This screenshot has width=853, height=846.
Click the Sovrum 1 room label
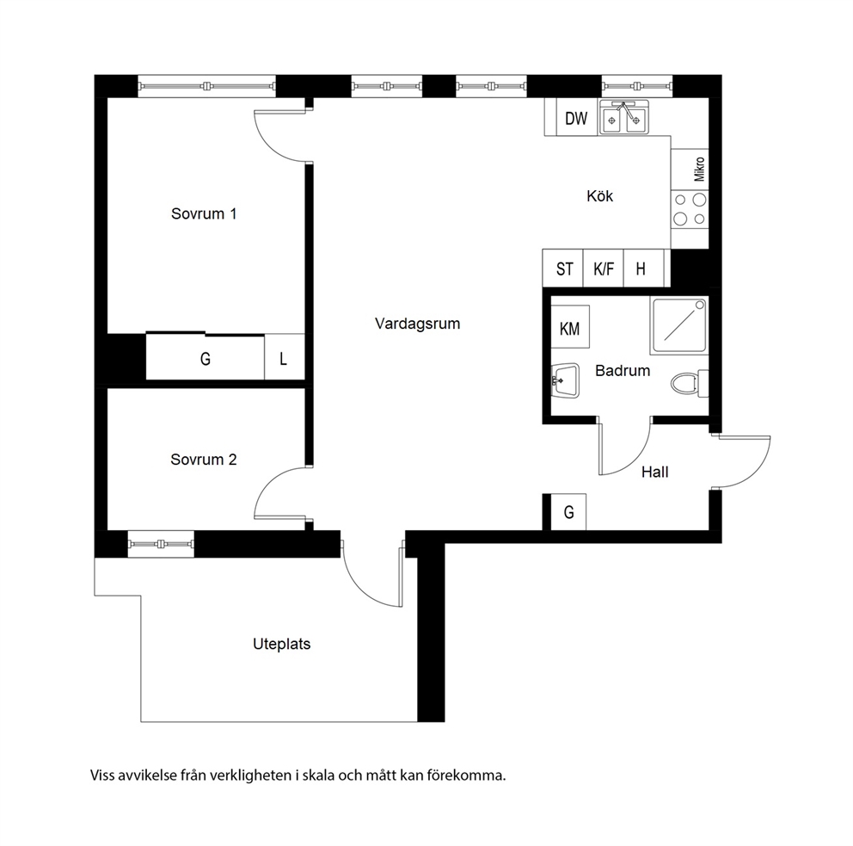coord(204,213)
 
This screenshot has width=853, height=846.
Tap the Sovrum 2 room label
coord(204,460)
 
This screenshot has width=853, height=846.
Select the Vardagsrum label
coord(417,324)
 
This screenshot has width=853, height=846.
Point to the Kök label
coord(599,196)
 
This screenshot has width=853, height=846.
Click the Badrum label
coord(623,371)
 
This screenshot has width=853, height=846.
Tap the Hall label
coord(654,472)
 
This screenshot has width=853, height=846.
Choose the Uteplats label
coord(282,644)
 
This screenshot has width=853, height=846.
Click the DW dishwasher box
coord(577,118)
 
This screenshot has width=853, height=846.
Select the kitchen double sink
coord(624,117)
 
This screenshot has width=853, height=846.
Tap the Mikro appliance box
coord(690,170)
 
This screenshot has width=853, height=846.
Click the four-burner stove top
coord(690,209)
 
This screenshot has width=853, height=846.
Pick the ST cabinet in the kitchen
coord(563,269)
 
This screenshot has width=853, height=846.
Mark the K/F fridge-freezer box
coord(604,269)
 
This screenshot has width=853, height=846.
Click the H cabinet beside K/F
coord(643,269)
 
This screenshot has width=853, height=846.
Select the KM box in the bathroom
coord(570,327)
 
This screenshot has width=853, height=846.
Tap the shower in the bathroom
coord(679,325)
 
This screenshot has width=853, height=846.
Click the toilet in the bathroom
coord(690,383)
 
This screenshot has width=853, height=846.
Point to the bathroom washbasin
coord(565,381)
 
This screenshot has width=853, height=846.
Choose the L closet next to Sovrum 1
coord(284,358)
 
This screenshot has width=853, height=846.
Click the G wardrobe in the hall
coord(568,512)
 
